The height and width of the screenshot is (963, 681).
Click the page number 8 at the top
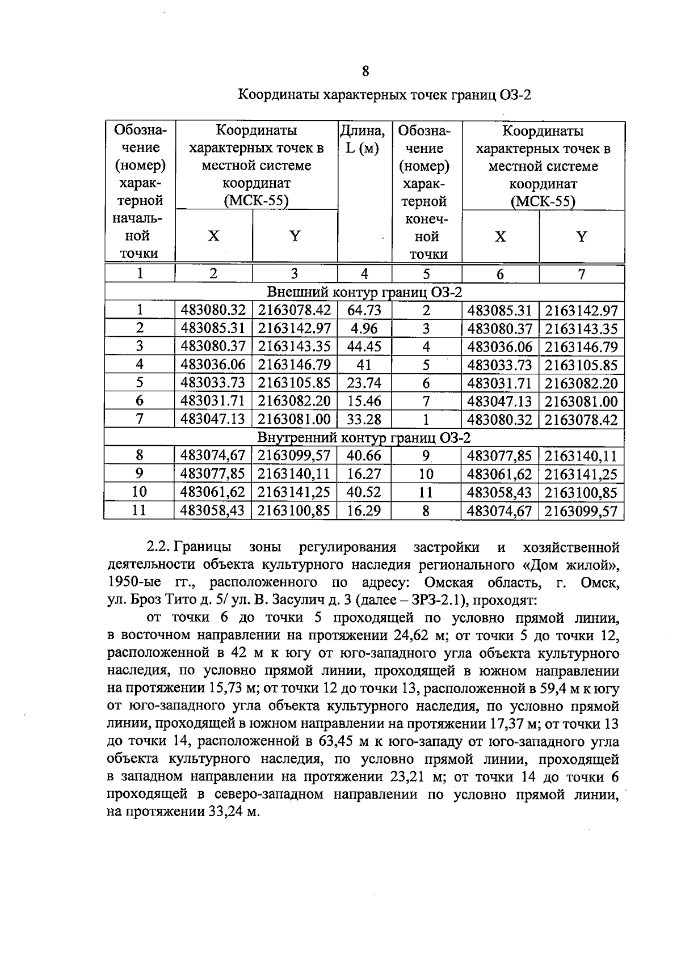coord(364,71)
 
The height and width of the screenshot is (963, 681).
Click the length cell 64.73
coord(364,310)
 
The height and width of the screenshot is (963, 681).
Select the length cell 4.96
coord(364,328)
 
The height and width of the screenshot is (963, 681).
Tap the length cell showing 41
coord(364,365)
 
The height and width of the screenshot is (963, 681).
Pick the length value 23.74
coord(364,383)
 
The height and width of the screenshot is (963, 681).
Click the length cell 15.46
coord(364,401)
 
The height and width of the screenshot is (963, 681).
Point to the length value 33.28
coord(364,419)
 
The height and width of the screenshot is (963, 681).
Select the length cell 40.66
coord(364,455)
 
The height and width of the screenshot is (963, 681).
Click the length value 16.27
coord(364,474)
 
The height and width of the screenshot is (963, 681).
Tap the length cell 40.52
coord(364,492)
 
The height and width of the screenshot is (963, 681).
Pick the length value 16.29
coord(364,510)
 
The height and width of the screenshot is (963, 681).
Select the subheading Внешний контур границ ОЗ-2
coord(364,293)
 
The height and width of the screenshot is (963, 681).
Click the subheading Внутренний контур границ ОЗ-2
coord(364,437)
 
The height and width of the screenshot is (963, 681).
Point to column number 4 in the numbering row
coord(364,274)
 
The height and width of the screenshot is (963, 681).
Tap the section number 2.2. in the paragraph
coord(158,547)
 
